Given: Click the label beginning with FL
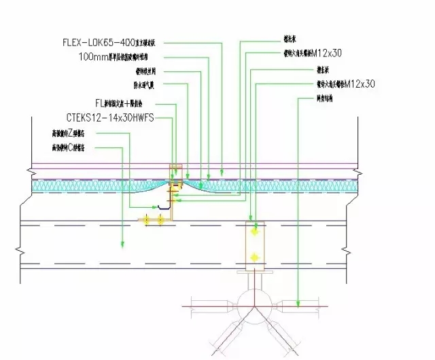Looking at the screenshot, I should (x=125, y=103).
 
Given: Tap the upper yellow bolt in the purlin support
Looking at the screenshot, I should (x=255, y=232).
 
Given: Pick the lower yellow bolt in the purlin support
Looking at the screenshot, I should (x=255, y=257).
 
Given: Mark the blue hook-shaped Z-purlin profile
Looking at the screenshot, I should (x=163, y=206).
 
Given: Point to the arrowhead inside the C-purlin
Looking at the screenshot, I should (x=122, y=244).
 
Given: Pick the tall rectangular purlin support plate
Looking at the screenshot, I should (x=254, y=245).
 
